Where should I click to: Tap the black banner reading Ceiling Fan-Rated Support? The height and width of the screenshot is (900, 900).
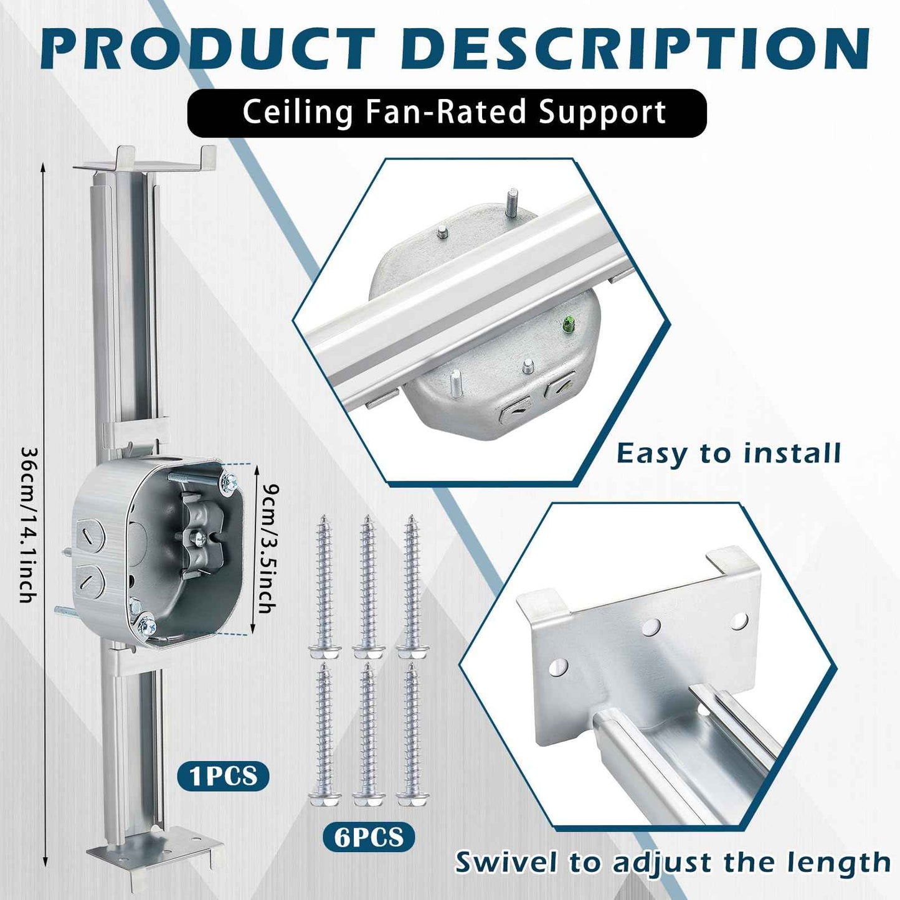pyautogui.click(x=447, y=113)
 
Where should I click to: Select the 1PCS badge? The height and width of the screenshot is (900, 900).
pyautogui.click(x=224, y=776)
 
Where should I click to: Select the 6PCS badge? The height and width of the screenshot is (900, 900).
pyautogui.click(x=369, y=836)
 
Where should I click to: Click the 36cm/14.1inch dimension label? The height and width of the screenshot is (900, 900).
pyautogui.click(x=27, y=523)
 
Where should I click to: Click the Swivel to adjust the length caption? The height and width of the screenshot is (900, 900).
pyautogui.click(x=673, y=863)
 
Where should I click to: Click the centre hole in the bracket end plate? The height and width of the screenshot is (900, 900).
pyautogui.click(x=652, y=625)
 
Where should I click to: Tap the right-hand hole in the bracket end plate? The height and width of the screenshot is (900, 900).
pyautogui.click(x=739, y=620)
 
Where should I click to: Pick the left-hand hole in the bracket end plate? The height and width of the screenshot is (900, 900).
pyautogui.click(x=559, y=668)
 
